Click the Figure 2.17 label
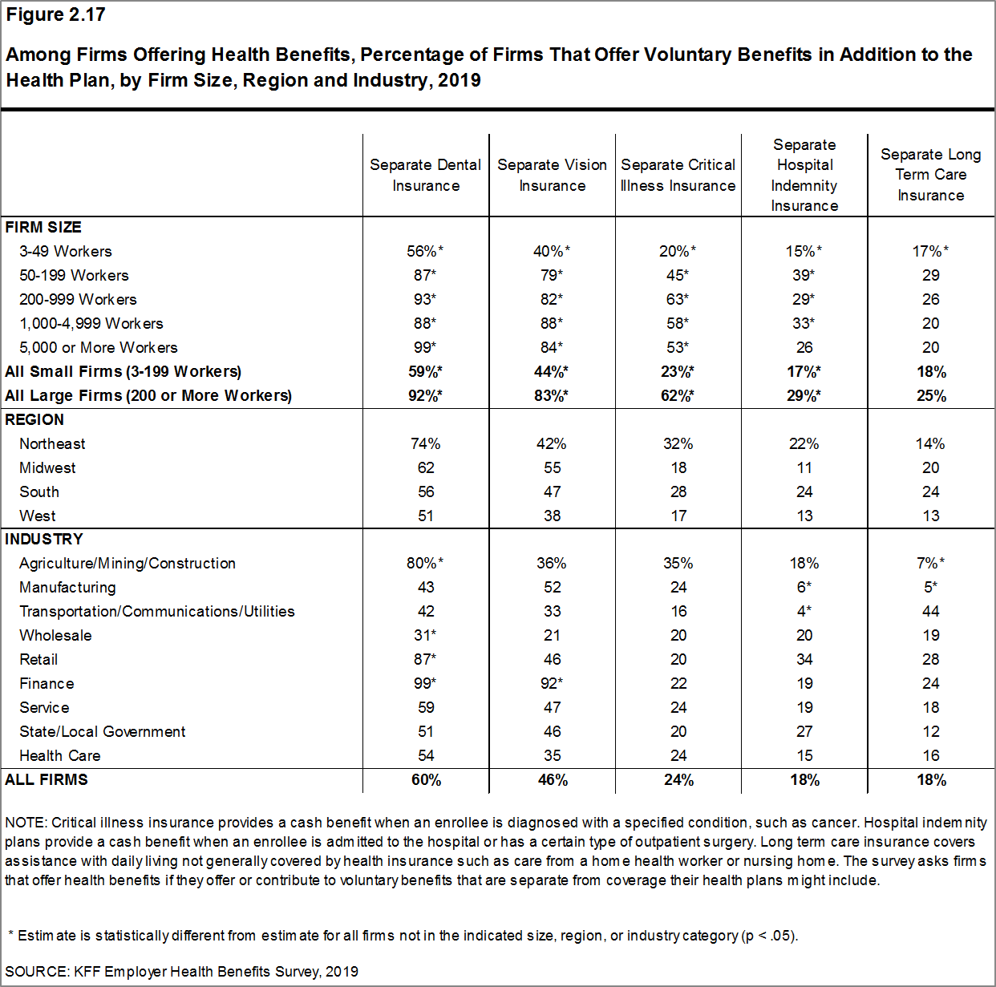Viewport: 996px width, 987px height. pos(55,15)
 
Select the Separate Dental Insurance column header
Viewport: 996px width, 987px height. pos(426,175)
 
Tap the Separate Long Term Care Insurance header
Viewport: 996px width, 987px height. pos(930,175)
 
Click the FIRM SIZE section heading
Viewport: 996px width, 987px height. pos(43,228)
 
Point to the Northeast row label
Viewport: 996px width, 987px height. pos(52,444)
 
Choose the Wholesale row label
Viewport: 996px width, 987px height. pos(55,636)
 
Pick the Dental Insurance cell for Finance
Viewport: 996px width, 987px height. pos(426,684)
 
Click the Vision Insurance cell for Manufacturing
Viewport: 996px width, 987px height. pos(552,588)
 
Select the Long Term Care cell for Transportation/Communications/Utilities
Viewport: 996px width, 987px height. pos(930,612)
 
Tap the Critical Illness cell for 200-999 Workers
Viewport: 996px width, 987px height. pos(678,300)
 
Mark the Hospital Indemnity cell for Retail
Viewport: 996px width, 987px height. pos(804,660)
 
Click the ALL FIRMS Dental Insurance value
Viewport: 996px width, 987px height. pos(426,780)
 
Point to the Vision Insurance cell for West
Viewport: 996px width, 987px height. pos(552,516)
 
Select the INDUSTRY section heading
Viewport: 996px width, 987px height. pos(44,540)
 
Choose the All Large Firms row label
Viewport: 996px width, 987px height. pos(148,396)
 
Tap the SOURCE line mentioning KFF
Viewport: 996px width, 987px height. pos(182,972)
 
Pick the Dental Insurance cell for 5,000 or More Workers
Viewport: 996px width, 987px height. pos(426,348)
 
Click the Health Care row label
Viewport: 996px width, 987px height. pos(60,756)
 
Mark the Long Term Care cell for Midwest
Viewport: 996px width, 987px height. pos(930,468)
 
